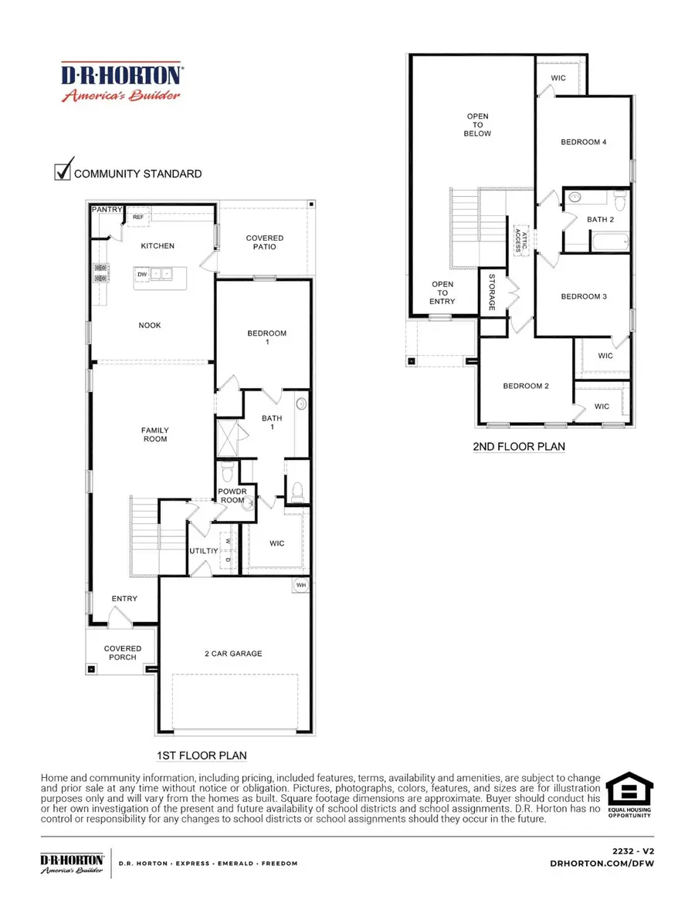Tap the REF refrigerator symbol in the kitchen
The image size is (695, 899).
tap(138, 218)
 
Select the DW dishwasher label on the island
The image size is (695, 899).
tap(142, 274)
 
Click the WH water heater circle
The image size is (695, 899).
tap(300, 586)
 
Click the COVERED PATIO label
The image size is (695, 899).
tap(265, 242)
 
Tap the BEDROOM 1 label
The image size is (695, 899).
tap(266, 338)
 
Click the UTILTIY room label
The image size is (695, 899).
tap(202, 551)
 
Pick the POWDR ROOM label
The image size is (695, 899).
tap(231, 495)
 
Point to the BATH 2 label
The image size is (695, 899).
tap(600, 220)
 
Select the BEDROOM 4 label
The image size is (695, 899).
tap(583, 142)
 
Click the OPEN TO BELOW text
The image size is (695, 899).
tap(477, 125)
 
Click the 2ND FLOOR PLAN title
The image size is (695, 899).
tap(518, 447)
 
